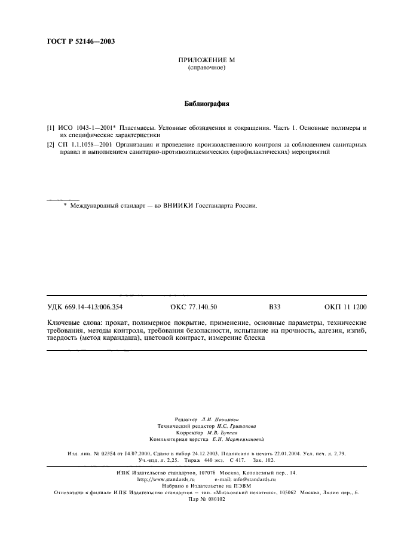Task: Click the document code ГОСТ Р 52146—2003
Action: [x=81, y=42]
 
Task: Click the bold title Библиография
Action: [x=207, y=104]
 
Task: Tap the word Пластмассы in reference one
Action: [x=136, y=128]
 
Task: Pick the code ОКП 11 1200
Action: [x=345, y=308]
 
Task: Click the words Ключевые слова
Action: [x=72, y=322]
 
